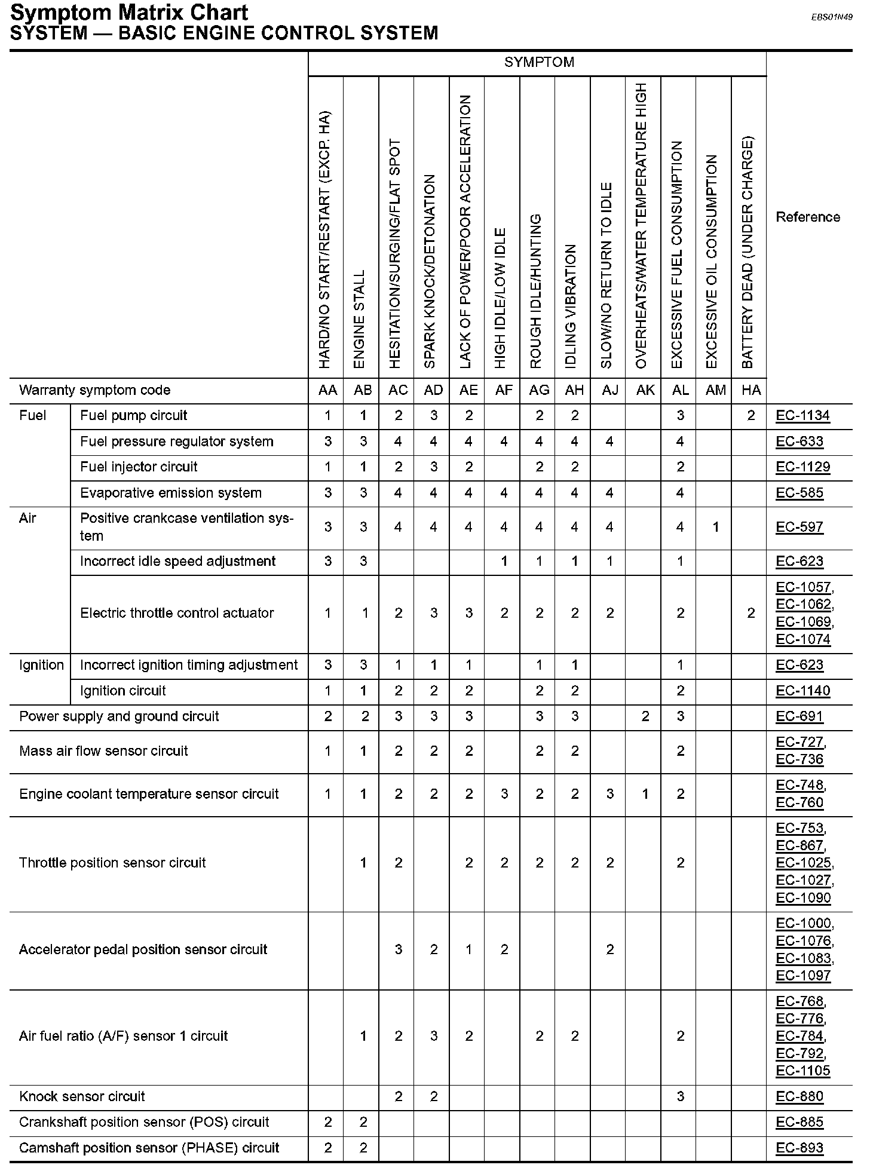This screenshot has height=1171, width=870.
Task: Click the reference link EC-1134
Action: [x=802, y=416]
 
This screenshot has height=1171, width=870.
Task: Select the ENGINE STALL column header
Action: [x=359, y=320]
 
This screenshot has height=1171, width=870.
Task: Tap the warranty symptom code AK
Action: [x=645, y=390]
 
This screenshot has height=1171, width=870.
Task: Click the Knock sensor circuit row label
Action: [x=82, y=1096]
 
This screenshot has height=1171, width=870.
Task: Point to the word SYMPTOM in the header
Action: [x=539, y=63]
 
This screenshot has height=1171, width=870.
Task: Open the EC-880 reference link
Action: [x=799, y=1096]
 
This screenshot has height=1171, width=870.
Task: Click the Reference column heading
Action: [x=807, y=217]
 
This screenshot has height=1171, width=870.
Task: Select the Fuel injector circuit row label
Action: [x=139, y=467]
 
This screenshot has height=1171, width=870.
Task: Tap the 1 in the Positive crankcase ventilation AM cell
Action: [x=715, y=527]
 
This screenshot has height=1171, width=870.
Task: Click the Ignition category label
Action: [x=41, y=665]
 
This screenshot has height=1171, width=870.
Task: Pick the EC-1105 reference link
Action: [x=802, y=1071]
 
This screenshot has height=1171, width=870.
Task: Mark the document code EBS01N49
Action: [x=831, y=17]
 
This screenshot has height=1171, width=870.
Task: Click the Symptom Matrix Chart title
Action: [x=129, y=13]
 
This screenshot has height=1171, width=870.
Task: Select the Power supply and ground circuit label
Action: [x=119, y=716]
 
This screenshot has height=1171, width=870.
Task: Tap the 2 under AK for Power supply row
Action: [x=645, y=716]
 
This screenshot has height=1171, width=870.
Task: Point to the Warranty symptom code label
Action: [x=94, y=390]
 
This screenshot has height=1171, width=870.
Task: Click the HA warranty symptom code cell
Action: [x=750, y=390]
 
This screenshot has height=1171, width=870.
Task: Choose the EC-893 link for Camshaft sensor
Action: [x=799, y=1148]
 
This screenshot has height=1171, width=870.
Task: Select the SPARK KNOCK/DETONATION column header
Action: [x=430, y=272]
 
